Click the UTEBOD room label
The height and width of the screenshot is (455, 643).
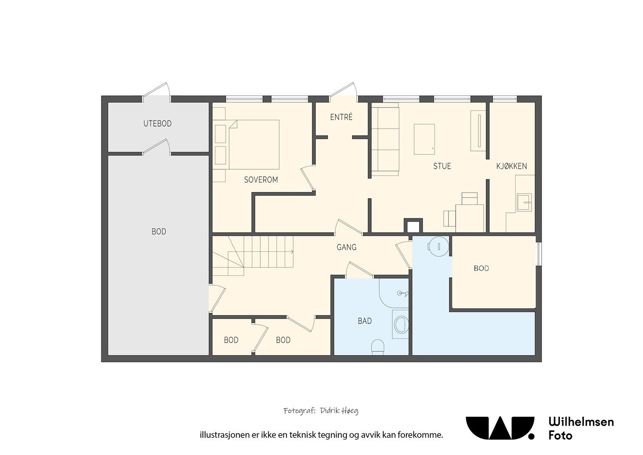157,124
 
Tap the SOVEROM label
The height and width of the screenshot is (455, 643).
261,180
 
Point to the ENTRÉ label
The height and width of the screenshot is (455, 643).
341,117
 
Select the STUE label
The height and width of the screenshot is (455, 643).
442,166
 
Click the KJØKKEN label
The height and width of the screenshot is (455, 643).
512,166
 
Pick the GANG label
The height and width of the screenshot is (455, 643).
346,247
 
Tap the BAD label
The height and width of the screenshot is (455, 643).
365,321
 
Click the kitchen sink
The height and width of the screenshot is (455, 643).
524,203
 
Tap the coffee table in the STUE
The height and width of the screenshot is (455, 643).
424,139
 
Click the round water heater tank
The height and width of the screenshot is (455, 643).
438,246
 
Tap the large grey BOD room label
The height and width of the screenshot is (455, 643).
159,231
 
